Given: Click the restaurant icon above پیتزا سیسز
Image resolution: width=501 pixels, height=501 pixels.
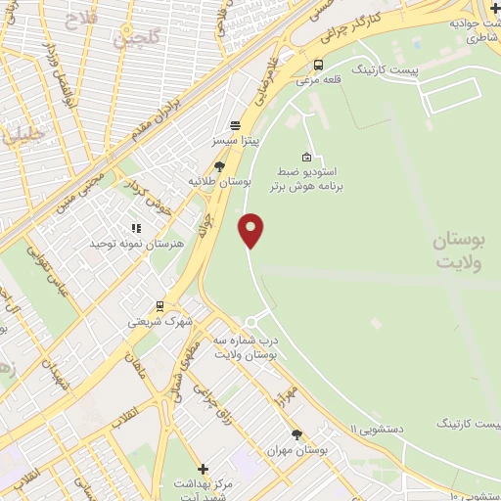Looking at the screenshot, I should (x=235, y=125).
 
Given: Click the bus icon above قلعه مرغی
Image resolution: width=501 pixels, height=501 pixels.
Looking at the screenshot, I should (x=317, y=66).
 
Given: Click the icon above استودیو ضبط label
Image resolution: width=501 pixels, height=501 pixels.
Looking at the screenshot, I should (x=307, y=157).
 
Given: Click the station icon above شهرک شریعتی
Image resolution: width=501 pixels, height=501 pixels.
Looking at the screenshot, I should (x=160, y=306).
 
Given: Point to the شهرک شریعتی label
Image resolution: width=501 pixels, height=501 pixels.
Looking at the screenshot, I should (x=160, y=321).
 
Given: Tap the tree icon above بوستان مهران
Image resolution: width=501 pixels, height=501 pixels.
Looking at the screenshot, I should (x=297, y=434).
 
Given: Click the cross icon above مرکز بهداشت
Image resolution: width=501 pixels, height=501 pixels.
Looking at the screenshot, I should (x=203, y=469).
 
